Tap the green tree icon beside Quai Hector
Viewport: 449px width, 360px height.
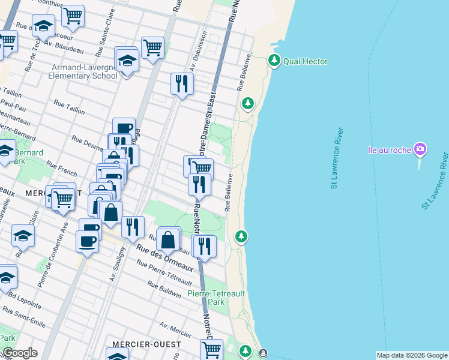coord(274,60)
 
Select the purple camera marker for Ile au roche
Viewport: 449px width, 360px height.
coord(420,149)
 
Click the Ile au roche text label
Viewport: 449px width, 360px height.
coord(388,149)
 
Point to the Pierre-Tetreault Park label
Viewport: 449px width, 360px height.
coord(214,298)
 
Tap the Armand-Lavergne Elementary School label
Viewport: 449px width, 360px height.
coord(85,71)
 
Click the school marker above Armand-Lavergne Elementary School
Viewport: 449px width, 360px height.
coord(127,61)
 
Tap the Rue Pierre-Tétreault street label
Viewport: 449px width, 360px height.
coord(164,272)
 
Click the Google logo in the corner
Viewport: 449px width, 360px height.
coord(19,353)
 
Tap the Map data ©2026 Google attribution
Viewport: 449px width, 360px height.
coord(412,355)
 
